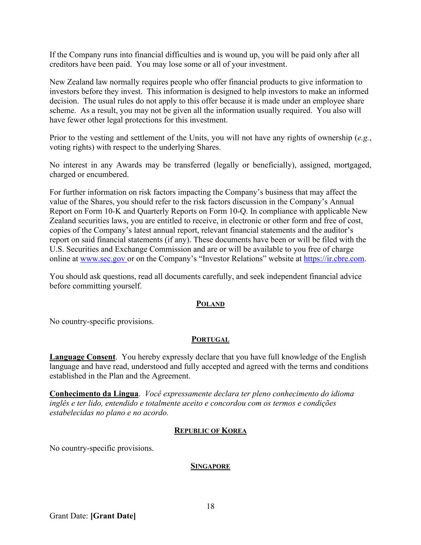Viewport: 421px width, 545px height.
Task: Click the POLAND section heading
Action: tap(210, 304)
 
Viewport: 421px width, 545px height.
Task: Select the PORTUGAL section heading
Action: tap(210, 339)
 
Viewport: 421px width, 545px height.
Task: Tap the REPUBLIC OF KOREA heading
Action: tap(210, 430)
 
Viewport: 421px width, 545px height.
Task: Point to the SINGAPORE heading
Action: tap(210, 466)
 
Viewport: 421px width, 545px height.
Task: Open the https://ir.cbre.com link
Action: tap(334, 259)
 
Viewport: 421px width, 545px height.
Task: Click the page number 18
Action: tap(210, 506)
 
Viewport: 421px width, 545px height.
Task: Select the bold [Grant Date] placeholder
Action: tap(113, 516)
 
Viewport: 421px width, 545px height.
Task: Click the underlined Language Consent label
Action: tap(82, 357)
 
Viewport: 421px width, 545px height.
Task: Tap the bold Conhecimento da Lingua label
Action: tap(94, 394)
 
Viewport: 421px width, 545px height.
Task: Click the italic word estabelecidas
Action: tap(71, 413)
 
